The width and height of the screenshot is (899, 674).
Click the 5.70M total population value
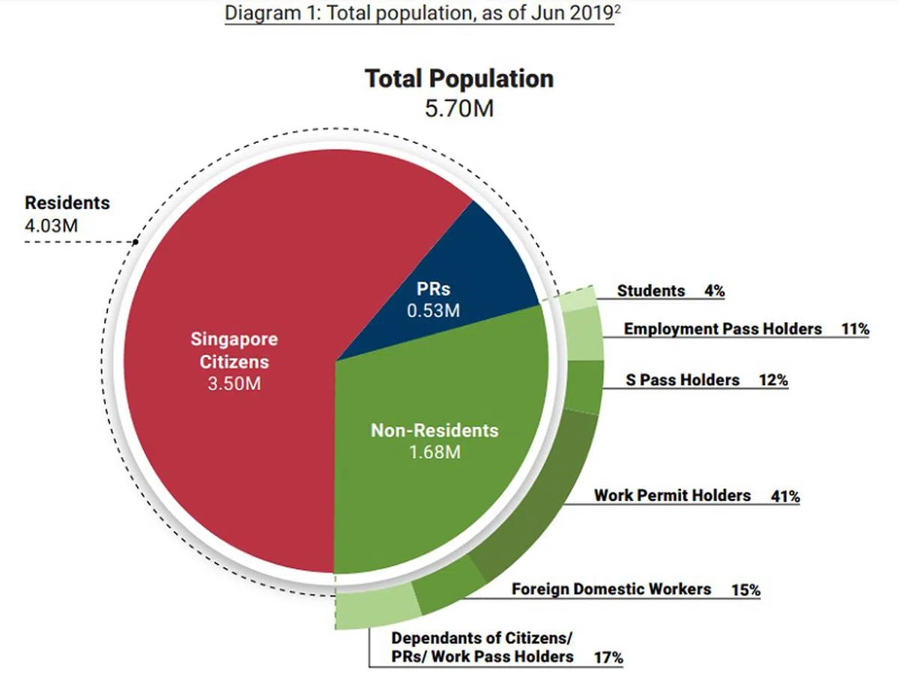[459, 109]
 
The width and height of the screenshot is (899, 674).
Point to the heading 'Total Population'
[459, 79]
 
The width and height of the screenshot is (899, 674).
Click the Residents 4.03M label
[67, 213]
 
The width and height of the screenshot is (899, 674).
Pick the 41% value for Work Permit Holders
[785, 497]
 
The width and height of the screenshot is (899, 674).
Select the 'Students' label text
[650, 291]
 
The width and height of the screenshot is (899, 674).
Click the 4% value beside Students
[714, 291]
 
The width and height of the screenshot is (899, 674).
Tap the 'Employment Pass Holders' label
[722, 329]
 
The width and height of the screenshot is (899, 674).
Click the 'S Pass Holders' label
[682, 380]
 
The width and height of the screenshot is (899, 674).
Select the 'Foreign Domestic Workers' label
[611, 589]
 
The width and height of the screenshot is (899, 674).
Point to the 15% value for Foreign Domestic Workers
[745, 590]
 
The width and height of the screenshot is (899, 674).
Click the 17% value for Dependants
[608, 658]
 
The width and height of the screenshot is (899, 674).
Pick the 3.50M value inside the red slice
[233, 385]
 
